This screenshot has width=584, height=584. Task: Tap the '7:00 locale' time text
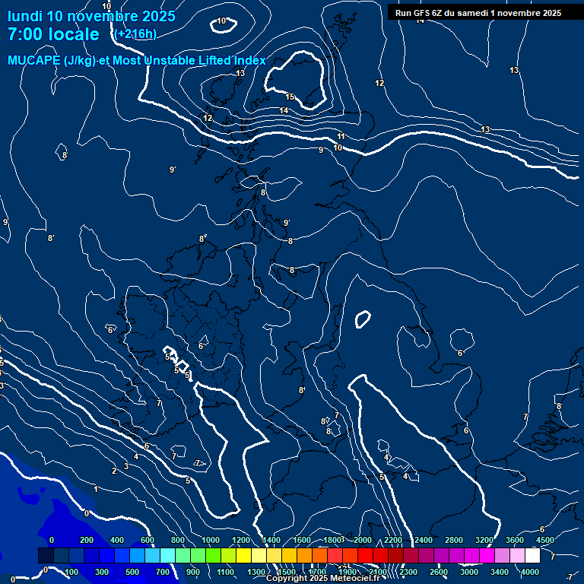click(53, 34)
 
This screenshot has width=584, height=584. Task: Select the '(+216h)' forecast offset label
click(136, 34)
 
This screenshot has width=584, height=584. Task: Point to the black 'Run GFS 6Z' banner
click(478, 12)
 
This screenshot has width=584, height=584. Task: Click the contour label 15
click(290, 97)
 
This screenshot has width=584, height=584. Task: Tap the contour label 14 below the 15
click(284, 111)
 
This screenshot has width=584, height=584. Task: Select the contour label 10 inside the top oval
click(221, 21)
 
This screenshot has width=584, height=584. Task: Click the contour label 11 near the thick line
click(341, 137)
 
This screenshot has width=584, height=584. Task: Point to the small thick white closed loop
click(363, 319)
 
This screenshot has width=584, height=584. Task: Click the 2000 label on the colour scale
click(363, 540)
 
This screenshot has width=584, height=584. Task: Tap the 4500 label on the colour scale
click(545, 540)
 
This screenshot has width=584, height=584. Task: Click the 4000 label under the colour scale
click(531, 572)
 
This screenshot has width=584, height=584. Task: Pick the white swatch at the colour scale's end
click(532, 556)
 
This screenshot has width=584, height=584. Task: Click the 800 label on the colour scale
click(178, 540)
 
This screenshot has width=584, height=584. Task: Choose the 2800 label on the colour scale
click(453, 540)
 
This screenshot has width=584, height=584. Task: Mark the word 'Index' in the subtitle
click(248, 61)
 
